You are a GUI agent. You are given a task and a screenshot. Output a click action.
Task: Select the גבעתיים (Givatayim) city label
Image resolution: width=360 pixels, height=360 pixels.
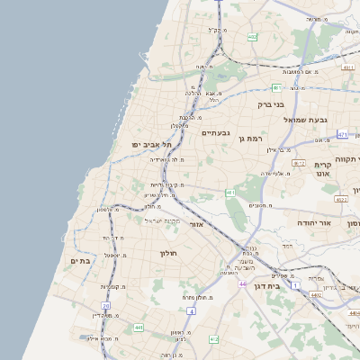(216, 133)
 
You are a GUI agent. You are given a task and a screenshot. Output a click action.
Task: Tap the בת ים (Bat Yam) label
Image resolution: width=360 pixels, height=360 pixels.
(80, 260)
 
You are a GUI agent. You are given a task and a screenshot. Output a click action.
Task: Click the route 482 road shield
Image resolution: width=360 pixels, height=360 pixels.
(253, 37)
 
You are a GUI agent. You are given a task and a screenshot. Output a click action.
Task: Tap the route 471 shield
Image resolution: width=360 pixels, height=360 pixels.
(343, 134)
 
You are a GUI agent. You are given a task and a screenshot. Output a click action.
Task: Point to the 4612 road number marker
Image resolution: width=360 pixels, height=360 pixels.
(298, 163)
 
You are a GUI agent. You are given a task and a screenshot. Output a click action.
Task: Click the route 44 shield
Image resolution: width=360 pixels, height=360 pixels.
(242, 283)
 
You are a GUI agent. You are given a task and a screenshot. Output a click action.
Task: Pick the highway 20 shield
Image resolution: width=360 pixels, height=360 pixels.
(105, 306)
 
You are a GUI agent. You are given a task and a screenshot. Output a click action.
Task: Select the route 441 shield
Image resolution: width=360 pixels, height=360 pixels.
(138, 328)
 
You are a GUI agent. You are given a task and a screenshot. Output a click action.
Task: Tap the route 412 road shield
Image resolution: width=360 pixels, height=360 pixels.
(213, 338)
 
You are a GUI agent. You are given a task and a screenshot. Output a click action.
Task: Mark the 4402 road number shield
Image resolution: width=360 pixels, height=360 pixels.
(315, 294)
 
